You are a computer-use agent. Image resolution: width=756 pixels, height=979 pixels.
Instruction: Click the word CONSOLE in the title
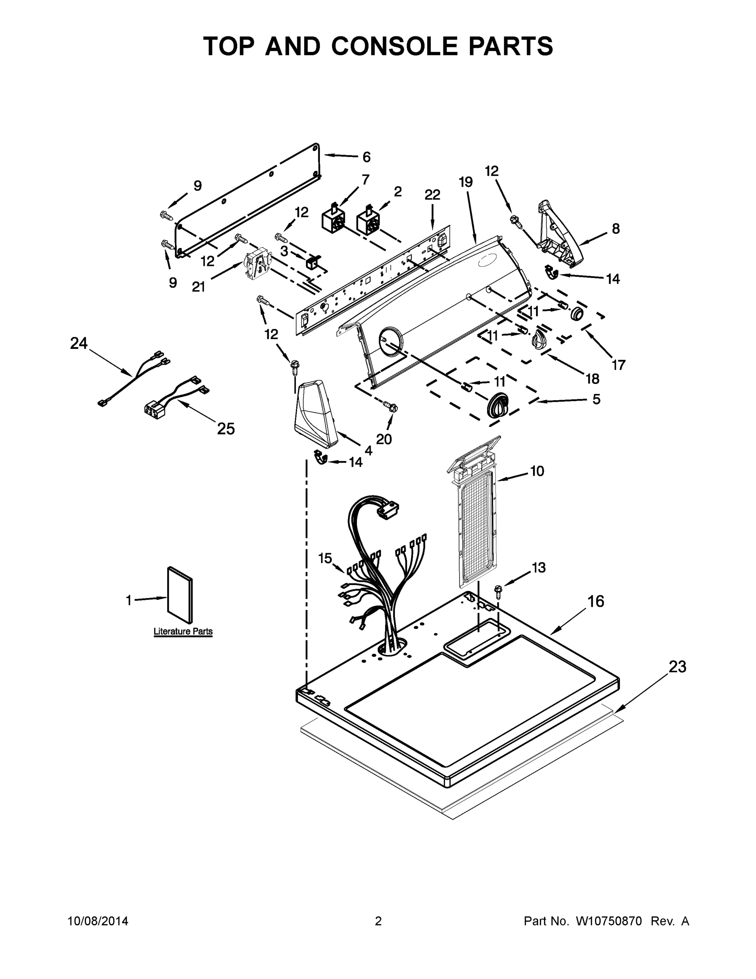pos(395,46)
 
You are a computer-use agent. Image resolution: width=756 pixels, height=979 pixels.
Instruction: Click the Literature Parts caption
pos(183,631)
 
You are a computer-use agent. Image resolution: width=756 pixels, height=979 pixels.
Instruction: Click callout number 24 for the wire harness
pos(79,343)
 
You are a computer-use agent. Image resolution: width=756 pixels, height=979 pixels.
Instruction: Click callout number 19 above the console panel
pos(465,182)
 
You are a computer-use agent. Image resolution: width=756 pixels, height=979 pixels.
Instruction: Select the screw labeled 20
pos(391,407)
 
